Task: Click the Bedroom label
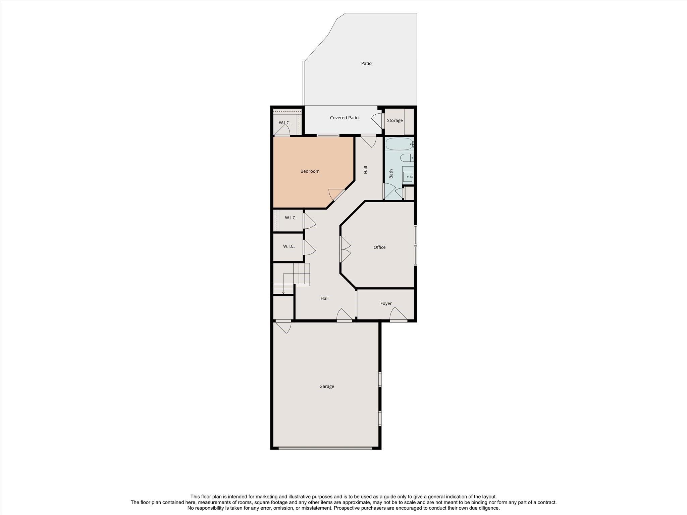coord(310,171)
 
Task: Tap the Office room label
coord(379,247)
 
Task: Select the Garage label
coord(326,387)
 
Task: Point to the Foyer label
coord(386,303)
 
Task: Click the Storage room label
coord(394,121)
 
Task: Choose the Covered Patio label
coord(344,118)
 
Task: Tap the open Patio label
coord(366,63)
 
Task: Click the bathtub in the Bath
coord(399,144)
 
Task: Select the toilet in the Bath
coord(406,158)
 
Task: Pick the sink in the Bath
coord(408,176)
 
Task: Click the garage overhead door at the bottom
coord(325,448)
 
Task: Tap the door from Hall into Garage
coord(344,316)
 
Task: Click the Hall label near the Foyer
coord(324,298)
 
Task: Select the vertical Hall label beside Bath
coord(366,170)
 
